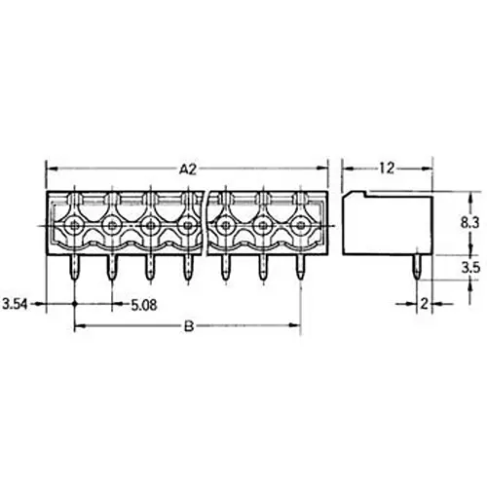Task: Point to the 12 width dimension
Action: pos(386,169)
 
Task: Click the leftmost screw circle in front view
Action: pos(75,227)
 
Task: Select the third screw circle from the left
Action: pos(150,227)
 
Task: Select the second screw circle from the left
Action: pos(113,227)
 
